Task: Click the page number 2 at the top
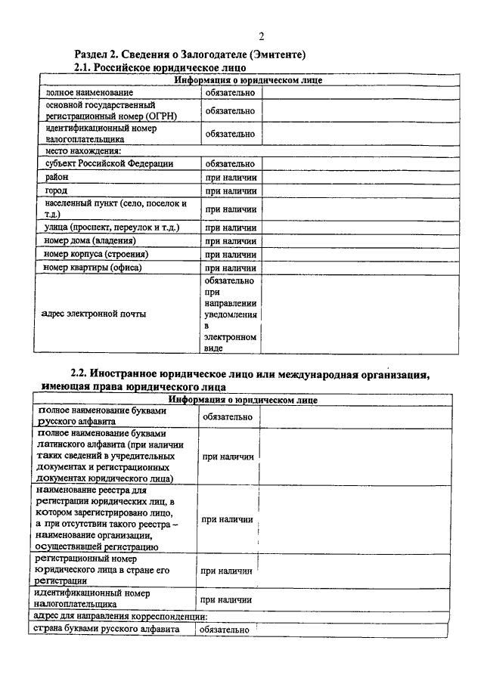coord(261,36)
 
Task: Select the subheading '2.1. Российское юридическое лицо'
coord(160,68)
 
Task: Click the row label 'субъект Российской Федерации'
coord(109,163)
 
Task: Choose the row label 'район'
coord(57,177)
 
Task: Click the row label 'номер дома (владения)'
coord(90,241)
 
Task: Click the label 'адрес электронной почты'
coord(95,314)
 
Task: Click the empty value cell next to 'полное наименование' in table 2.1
coord(359,92)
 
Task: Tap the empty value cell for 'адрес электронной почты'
coord(359,314)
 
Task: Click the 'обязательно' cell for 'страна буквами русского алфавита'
coord(225,630)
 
